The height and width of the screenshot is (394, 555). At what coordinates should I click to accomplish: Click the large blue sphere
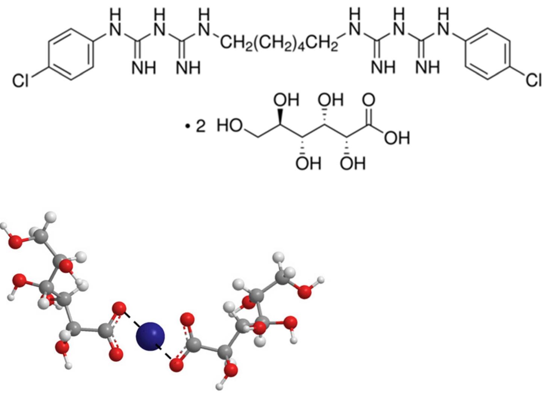click(x=150, y=336)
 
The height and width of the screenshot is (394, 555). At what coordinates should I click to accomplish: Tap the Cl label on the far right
click(x=534, y=80)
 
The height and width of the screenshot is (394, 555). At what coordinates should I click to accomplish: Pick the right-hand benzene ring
click(x=487, y=55)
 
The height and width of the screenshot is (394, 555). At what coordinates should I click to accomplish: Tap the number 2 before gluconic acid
click(x=201, y=126)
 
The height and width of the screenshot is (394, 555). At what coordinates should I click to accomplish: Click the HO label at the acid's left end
click(x=230, y=126)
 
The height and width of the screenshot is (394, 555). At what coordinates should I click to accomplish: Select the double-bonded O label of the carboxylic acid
click(x=369, y=100)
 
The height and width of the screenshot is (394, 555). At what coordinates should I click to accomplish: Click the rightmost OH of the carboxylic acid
click(x=397, y=138)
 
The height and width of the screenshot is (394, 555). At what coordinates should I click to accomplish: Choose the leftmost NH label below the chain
click(x=144, y=68)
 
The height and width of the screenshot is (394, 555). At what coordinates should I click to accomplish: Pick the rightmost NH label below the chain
click(x=428, y=68)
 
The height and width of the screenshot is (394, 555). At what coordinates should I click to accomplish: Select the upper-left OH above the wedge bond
click(x=286, y=100)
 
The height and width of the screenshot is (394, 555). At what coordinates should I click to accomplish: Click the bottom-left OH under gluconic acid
click(x=308, y=164)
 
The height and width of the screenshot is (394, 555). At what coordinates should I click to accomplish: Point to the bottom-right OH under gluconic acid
click(x=352, y=164)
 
